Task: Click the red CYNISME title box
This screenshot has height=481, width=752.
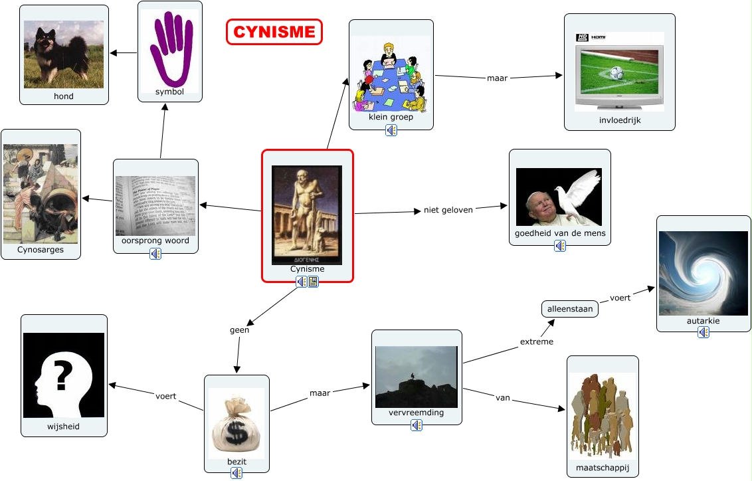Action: point(274,32)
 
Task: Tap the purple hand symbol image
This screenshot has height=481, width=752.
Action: point(169,48)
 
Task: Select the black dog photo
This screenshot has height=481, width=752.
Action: point(64,53)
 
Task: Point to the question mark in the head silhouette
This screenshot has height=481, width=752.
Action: point(63,376)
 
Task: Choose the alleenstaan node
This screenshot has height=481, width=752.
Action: point(569,309)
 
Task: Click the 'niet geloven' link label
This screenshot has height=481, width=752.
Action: point(448,210)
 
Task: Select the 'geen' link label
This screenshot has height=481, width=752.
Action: point(239,330)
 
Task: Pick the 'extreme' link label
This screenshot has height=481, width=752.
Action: point(536,341)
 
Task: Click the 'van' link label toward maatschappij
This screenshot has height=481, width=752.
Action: point(503,398)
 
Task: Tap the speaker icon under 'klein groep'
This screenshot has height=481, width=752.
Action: point(391,130)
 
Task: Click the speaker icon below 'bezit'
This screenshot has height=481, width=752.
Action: point(236,473)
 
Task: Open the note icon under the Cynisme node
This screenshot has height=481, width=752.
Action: point(313,282)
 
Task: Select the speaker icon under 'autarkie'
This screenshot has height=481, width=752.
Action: point(704,332)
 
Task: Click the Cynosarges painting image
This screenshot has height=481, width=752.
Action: point(41,193)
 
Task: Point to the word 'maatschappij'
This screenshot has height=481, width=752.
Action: point(603,468)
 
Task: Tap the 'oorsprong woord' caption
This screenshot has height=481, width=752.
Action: point(155,241)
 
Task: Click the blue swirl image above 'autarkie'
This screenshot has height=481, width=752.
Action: point(703,273)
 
